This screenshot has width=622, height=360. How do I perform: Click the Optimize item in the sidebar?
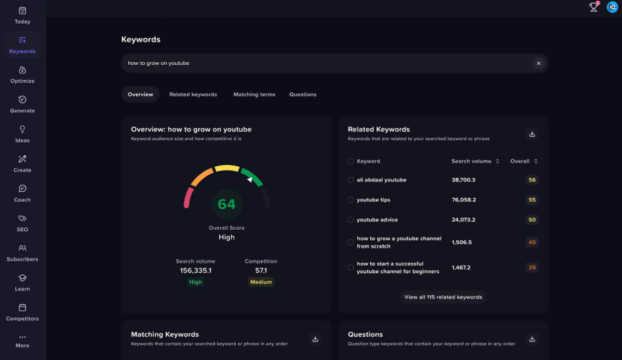tap(22, 74)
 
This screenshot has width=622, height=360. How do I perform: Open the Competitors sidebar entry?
tap(22, 312)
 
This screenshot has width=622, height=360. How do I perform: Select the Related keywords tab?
tap(193, 94)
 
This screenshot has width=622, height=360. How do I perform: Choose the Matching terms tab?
tap(254, 94)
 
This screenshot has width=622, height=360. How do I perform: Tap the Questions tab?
tap(303, 94)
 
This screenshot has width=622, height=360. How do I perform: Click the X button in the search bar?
tap(538, 63)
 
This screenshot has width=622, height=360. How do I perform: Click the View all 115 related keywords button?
tap(443, 297)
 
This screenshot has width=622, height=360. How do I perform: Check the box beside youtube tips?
tap(350, 200)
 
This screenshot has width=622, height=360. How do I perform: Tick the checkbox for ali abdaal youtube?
tap(350, 180)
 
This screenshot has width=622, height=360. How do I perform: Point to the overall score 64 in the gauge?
tap(226, 204)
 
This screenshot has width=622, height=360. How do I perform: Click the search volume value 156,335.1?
tap(195, 271)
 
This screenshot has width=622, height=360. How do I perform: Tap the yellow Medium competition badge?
tap(261, 282)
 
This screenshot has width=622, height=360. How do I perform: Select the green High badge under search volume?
tap(196, 282)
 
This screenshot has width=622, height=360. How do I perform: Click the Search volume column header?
tap(475, 161)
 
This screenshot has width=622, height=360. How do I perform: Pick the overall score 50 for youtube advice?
tap(532, 220)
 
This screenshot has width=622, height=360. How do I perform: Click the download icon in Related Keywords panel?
tap(532, 134)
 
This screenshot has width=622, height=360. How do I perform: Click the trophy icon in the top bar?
tap(593, 7)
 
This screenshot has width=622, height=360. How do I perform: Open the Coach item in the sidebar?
tap(22, 192)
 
